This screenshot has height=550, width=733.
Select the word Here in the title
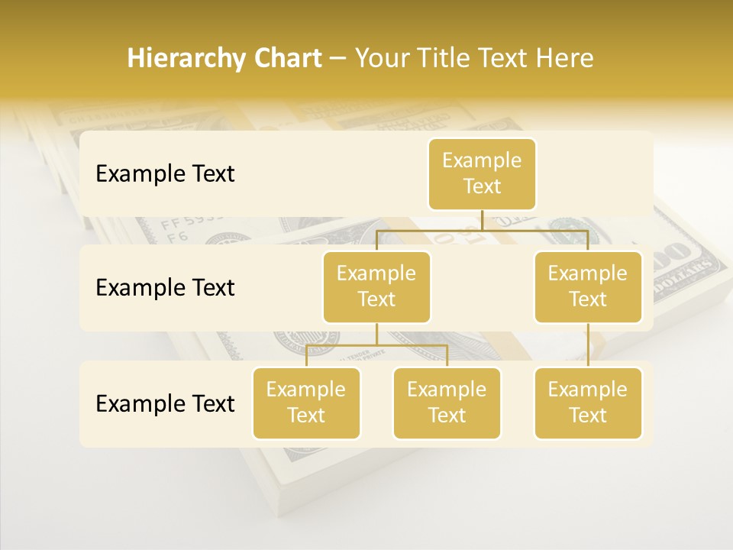(x=565, y=59)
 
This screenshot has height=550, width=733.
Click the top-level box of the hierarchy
(x=482, y=174)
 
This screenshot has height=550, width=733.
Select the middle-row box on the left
(x=376, y=286)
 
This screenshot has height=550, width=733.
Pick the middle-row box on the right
(x=588, y=286)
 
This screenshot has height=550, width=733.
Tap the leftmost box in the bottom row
(x=306, y=403)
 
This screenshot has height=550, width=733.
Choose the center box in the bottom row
(x=447, y=403)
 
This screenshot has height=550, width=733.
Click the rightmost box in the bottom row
(x=588, y=403)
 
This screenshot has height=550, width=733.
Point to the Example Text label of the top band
(x=165, y=174)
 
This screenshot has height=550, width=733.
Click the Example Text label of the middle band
(x=165, y=288)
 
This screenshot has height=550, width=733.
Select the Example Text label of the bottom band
(x=165, y=403)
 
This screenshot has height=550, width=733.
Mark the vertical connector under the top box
(x=483, y=220)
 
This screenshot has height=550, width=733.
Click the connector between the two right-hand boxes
(x=588, y=345)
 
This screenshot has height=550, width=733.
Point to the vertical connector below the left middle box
(x=376, y=334)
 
